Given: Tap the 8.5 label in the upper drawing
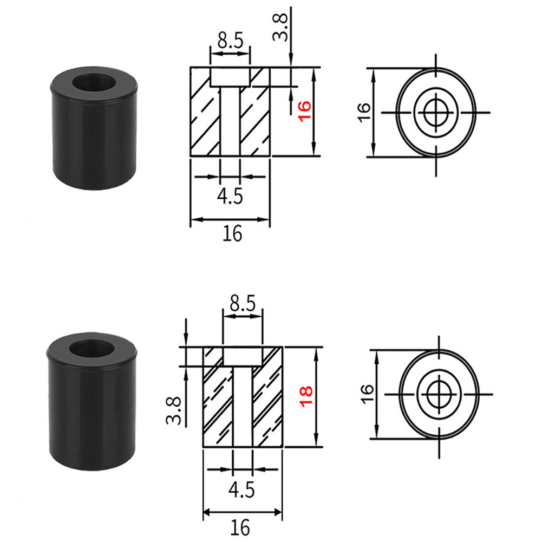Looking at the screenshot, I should click(230, 42).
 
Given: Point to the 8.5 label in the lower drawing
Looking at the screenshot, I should click(243, 304).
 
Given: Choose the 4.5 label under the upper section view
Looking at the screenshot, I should click(230, 195).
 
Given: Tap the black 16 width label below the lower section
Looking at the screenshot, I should click(241, 526).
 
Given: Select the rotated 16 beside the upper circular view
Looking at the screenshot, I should click(364, 112).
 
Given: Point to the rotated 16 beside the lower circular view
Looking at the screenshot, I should click(367, 393).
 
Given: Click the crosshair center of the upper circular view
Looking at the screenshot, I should click(436, 113).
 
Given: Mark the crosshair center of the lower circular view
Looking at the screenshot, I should click(439, 394).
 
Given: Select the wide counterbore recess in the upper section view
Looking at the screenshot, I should click(230, 77).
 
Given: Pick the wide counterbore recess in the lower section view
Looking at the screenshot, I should click(243, 356).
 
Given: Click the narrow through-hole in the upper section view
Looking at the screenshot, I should click(230, 122).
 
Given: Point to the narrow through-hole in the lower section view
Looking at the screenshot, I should click(243, 406).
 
